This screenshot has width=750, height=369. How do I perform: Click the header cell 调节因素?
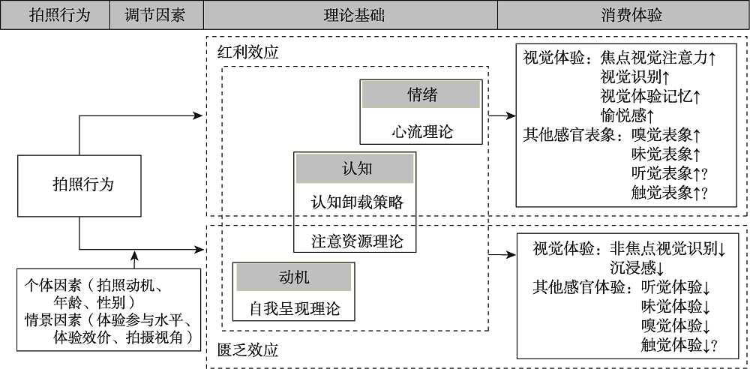pyautogui.click(x=155, y=15)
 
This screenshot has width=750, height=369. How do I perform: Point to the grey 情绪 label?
pyautogui.click(x=421, y=95)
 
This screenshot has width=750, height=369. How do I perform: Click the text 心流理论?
pyautogui.click(x=421, y=132)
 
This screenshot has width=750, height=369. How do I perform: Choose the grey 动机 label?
pyautogui.click(x=293, y=277)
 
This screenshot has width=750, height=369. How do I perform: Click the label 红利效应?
pyautogui.click(x=247, y=53)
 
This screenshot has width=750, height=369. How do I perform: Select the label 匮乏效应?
pyautogui.click(x=247, y=350)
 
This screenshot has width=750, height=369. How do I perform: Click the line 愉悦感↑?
pyautogui.click(x=628, y=115)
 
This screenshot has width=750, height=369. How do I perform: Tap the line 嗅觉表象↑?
pyautogui.click(x=666, y=135)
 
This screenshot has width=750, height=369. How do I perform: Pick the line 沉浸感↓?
pyautogui.click(x=637, y=267)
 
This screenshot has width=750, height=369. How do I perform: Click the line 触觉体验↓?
pyautogui.click(x=679, y=345)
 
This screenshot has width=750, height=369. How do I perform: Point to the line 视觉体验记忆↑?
pyautogui.click(x=651, y=96)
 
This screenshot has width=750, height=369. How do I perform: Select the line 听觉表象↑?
pyautogui.click(x=670, y=174)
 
